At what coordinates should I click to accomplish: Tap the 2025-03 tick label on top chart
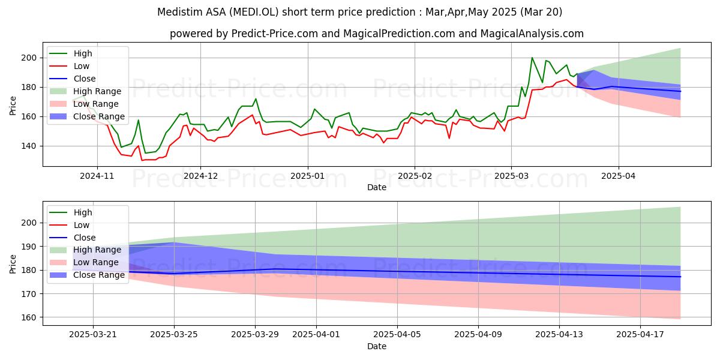click(x=511, y=176)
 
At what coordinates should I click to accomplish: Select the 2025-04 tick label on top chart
click(x=619, y=176)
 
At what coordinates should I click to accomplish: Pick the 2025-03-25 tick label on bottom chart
click(x=174, y=334)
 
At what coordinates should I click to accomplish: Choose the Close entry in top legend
click(x=84, y=79)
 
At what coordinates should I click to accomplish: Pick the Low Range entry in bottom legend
click(x=96, y=263)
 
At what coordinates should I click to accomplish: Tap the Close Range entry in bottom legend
click(x=98, y=275)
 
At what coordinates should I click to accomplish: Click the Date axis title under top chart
click(x=377, y=187)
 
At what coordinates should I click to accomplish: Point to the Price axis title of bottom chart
click(x=13, y=263)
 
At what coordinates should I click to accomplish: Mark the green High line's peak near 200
click(x=532, y=58)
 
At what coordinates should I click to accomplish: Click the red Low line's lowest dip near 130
click(x=142, y=160)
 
